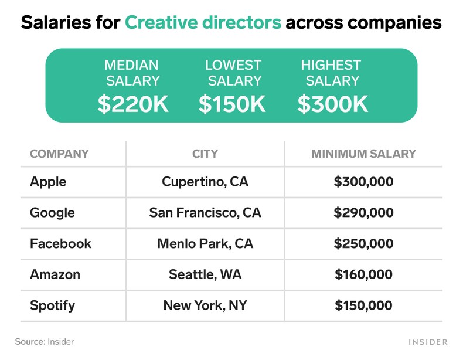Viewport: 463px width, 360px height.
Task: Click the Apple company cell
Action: [x=48, y=182]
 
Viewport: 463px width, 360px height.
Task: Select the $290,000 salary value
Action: [x=363, y=212]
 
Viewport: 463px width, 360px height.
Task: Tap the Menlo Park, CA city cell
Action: [x=205, y=243]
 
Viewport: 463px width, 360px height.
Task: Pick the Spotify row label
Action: [x=52, y=305]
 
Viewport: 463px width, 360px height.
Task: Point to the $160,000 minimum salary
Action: [x=363, y=274]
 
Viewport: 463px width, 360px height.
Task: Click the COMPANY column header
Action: [x=59, y=154]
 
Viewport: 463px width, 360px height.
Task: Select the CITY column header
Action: [x=205, y=154]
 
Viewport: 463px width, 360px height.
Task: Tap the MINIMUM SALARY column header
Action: [x=363, y=154]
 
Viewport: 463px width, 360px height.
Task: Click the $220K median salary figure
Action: [x=133, y=104]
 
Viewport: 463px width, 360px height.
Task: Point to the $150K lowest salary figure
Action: [x=233, y=104]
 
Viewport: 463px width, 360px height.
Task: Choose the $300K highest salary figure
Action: [x=332, y=104]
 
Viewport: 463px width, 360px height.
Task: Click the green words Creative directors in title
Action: [x=203, y=23]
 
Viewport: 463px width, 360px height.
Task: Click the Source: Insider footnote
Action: [x=45, y=341]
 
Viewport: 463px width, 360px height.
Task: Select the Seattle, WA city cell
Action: [x=205, y=274]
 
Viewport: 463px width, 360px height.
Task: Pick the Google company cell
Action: [x=52, y=212]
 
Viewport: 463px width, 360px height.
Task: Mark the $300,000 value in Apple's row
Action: [x=363, y=182]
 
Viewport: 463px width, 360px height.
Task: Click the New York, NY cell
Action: [x=205, y=305]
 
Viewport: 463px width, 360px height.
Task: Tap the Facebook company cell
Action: [x=60, y=243]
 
